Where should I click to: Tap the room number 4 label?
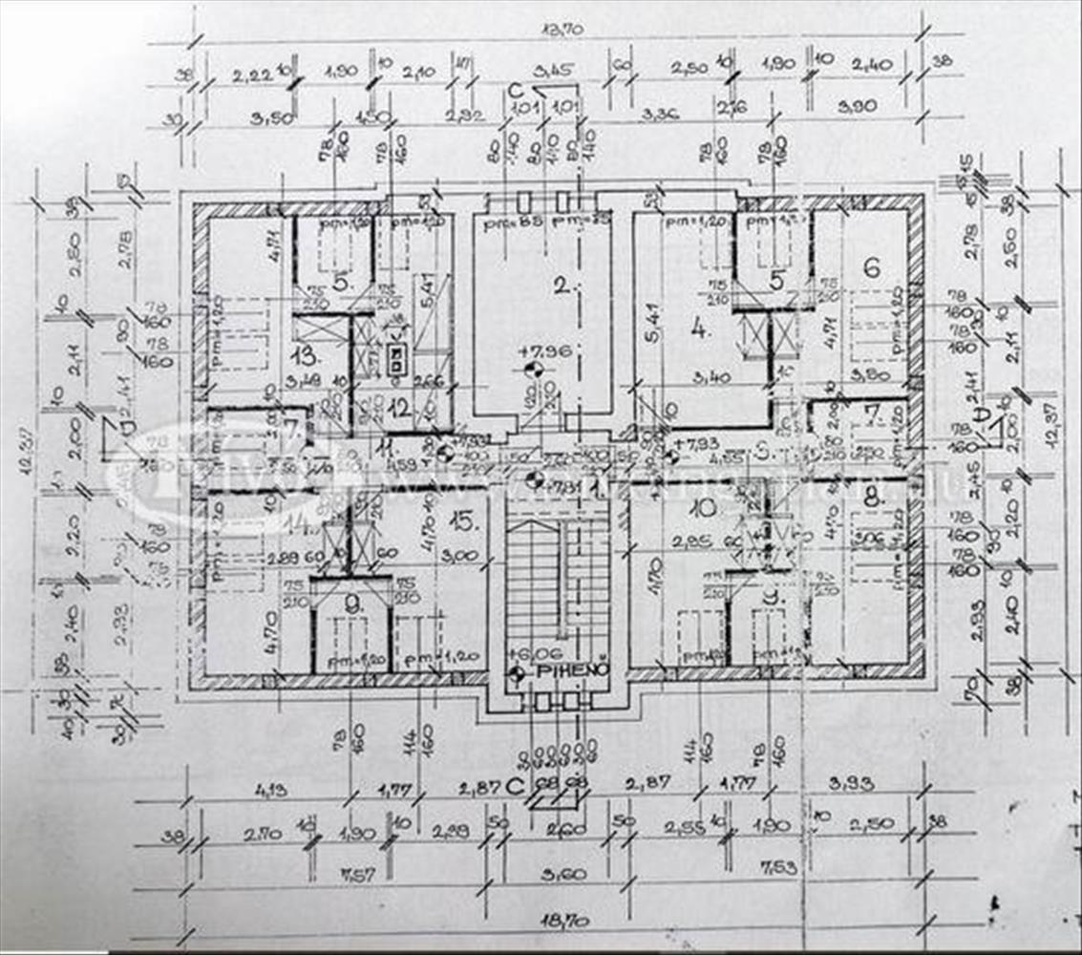pyautogui.click(x=700, y=330)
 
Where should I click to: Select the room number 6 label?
pyautogui.click(x=870, y=267)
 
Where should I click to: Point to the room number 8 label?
pyautogui.click(x=871, y=496)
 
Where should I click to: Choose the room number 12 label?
pyautogui.click(x=399, y=408)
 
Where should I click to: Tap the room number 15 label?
pyautogui.click(x=464, y=521)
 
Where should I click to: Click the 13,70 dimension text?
pyautogui.click(x=562, y=31)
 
